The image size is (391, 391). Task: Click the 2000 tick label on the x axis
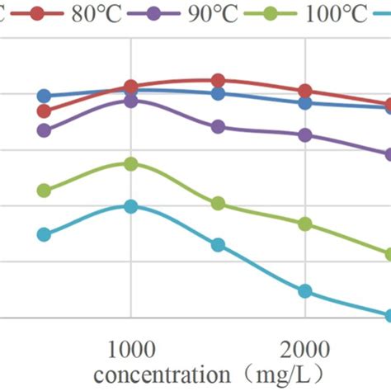(306, 347)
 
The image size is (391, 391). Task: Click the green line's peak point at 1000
(130, 164)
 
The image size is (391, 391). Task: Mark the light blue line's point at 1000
(130, 206)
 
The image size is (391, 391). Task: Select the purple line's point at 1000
(130, 101)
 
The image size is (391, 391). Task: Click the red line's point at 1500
(218, 80)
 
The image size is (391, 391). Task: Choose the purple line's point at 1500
(218, 127)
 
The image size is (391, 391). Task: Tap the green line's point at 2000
(305, 224)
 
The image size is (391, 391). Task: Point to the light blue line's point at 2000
(305, 291)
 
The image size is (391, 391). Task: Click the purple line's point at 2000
(305, 135)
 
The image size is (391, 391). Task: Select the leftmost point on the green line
(45, 191)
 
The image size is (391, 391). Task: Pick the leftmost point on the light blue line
(45, 234)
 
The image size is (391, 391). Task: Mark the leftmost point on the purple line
(45, 130)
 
